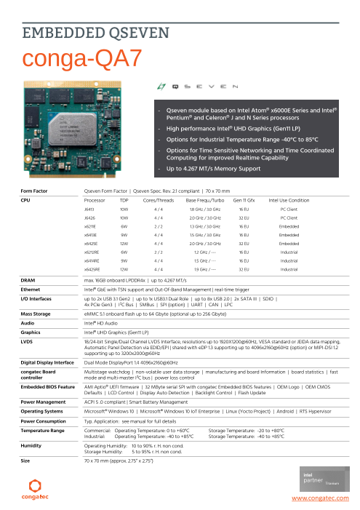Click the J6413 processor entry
89,208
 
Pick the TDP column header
124,199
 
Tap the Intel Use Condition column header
289,199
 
